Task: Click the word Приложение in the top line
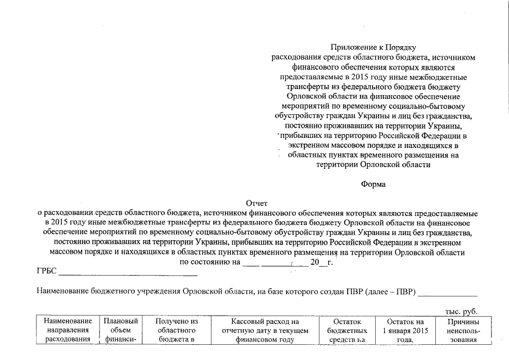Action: click(350, 48)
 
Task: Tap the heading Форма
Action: click(373, 185)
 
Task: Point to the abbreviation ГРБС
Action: click(47, 271)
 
